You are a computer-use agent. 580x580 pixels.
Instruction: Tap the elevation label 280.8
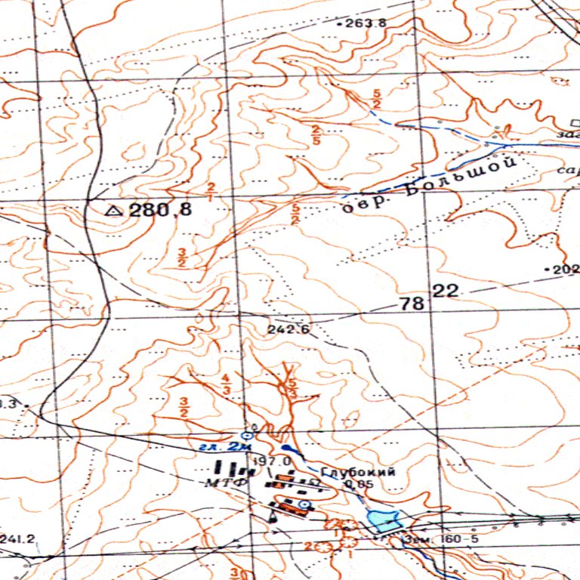[160, 211]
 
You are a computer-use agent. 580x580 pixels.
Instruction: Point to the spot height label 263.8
[366, 23]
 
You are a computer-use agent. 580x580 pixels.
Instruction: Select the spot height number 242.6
[288, 330]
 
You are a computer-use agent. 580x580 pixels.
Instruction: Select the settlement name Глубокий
[358, 472]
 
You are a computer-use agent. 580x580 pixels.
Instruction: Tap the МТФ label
[227, 482]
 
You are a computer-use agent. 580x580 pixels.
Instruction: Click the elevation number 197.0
[273, 461]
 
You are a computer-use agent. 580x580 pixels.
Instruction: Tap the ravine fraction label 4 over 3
[226, 383]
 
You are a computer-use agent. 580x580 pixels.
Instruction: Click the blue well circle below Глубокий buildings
[304, 503]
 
